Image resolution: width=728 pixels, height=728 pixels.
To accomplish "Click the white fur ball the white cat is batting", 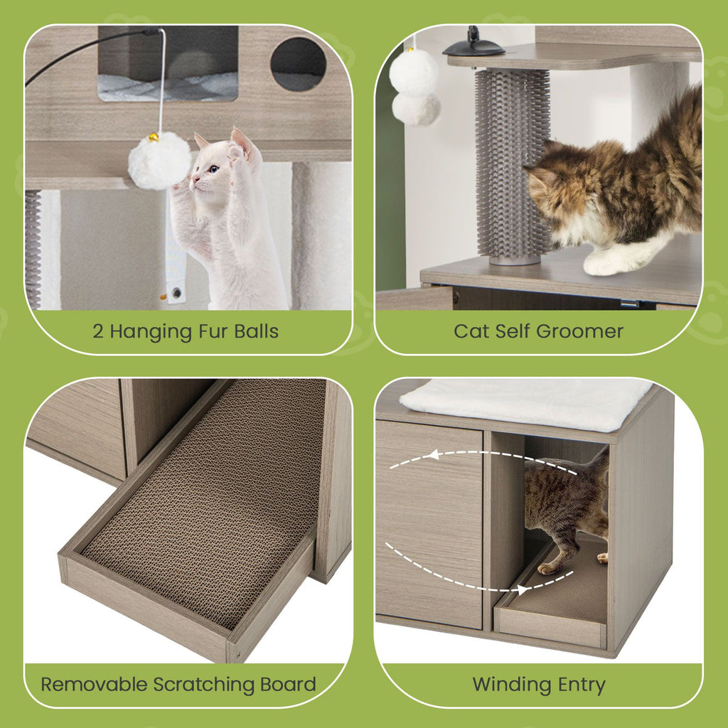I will [x=159, y=161].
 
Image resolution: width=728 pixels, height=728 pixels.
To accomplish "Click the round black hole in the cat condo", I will [x=299, y=64].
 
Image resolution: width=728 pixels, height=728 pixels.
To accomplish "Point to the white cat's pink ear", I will [x=241, y=140].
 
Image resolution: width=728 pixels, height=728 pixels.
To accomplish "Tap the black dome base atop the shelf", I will [x=473, y=48].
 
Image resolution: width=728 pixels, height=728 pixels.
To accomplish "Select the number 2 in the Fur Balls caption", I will [x=97, y=331].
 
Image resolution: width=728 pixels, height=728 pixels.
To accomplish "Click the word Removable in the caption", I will [x=91, y=685].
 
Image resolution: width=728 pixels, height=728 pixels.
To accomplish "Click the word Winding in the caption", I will [x=509, y=685].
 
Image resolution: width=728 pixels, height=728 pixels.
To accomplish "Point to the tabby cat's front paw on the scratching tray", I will [x=548, y=567].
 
